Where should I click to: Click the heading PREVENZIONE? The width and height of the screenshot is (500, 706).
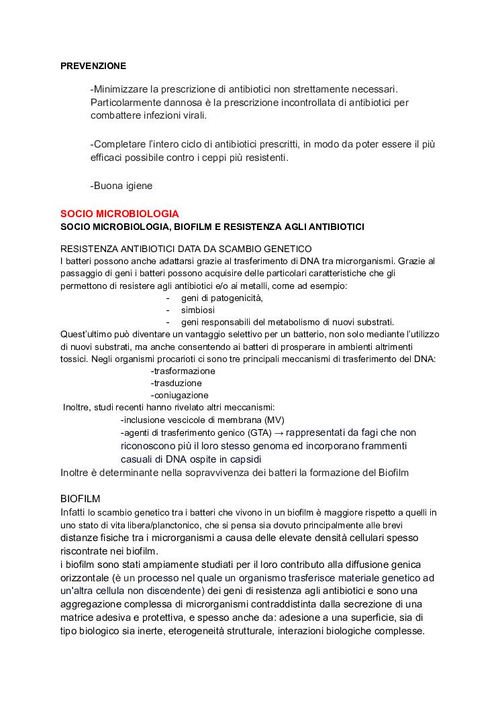93,66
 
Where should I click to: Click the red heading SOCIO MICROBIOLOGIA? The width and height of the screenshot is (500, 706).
119,214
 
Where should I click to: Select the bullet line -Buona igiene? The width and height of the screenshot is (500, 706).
121,186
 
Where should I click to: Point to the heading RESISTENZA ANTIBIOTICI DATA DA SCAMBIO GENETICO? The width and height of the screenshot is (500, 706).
186,249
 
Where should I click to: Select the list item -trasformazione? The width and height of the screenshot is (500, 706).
183,371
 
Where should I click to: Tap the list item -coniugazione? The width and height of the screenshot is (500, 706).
180,395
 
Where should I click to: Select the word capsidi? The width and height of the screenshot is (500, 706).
244,459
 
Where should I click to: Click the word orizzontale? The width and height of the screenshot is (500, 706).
85,578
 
